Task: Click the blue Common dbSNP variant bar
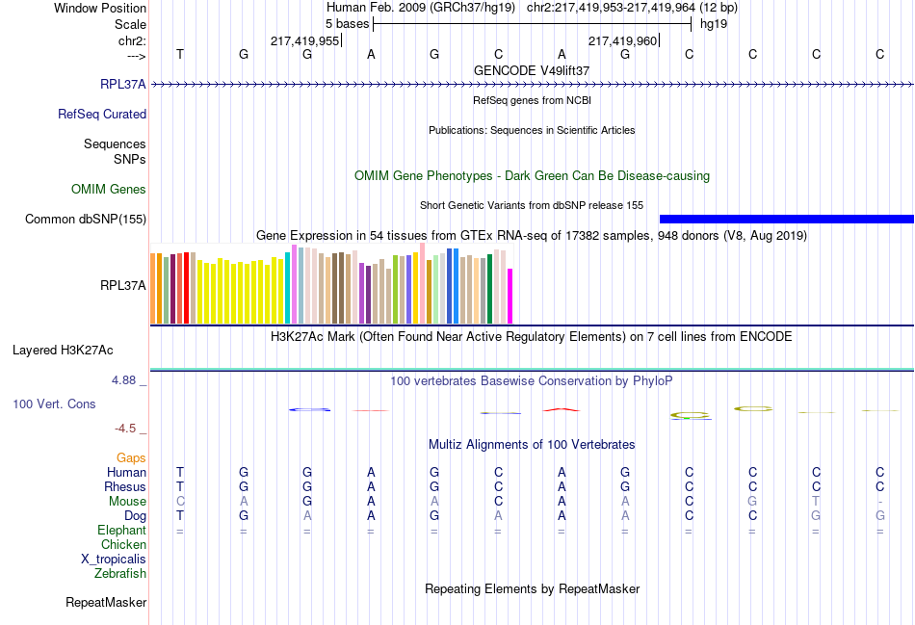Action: click(786, 220)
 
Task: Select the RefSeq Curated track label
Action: click(102, 114)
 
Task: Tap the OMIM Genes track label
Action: click(109, 190)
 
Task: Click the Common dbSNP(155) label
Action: click(86, 220)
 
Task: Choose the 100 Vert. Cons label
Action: click(55, 404)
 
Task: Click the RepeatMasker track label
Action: click(106, 603)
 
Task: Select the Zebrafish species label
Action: click(120, 574)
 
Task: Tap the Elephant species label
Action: click(121, 531)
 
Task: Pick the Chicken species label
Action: click(123, 545)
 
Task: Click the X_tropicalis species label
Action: click(114, 560)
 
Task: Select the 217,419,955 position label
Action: click(304, 41)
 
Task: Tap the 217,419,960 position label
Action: click(622, 41)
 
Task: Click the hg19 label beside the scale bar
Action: click(714, 23)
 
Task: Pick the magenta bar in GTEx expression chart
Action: click(510, 297)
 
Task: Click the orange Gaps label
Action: click(131, 457)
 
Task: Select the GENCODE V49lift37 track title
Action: click(532, 70)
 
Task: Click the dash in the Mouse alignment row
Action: click(879, 502)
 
